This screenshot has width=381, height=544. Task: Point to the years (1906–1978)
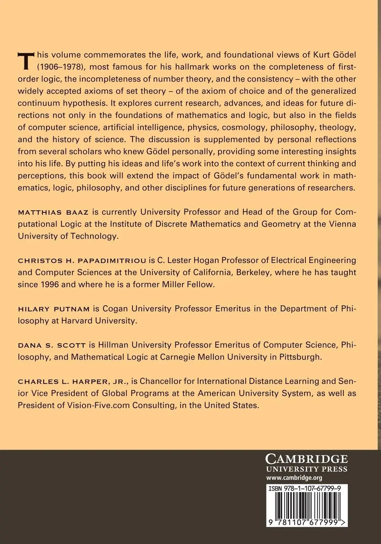click(44, 66)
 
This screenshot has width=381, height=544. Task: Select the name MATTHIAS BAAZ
click(53, 212)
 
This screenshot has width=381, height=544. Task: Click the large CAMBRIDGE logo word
click(307, 459)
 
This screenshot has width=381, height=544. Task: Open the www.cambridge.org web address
click(294, 478)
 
